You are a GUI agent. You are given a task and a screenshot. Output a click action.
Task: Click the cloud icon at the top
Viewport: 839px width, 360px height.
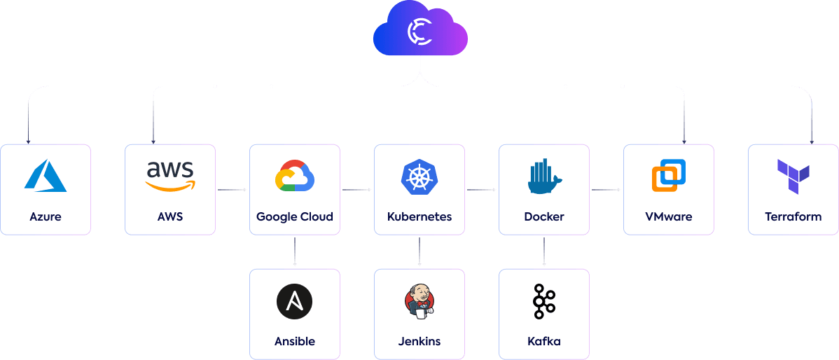tap(419, 32)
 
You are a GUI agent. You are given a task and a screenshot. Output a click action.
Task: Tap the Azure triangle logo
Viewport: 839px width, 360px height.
tap(46, 176)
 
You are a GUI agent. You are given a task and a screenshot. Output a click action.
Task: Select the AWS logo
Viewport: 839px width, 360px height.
tap(170, 176)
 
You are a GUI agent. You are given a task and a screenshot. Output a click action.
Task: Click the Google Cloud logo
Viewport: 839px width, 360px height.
tap(295, 176)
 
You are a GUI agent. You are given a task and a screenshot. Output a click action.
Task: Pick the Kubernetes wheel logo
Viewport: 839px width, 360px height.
tap(419, 176)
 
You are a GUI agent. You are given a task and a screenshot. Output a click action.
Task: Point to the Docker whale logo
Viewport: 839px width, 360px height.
tap(544, 176)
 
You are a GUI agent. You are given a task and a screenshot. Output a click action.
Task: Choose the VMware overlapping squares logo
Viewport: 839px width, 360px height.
tap(669, 176)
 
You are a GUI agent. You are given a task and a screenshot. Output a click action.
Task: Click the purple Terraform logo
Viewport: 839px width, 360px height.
tap(793, 176)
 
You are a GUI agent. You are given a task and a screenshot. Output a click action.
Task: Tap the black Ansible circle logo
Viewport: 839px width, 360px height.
tap(295, 302)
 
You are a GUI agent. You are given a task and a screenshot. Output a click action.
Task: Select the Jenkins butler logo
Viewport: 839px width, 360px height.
tap(419, 302)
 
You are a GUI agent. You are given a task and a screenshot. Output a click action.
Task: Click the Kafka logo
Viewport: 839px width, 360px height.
tap(544, 301)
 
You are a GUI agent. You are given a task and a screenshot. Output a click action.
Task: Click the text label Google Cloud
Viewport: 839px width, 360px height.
tap(295, 216)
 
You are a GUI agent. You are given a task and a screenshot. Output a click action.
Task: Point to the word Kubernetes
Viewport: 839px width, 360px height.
tap(419, 216)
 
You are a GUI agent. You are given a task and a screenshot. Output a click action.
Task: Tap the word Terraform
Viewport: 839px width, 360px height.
tap(793, 216)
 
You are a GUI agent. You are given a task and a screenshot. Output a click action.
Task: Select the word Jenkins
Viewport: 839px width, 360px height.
tap(419, 342)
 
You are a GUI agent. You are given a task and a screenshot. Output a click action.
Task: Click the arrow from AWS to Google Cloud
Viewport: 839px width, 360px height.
tap(233, 190)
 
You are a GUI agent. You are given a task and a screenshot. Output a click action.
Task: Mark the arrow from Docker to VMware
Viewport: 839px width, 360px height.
tap(606, 190)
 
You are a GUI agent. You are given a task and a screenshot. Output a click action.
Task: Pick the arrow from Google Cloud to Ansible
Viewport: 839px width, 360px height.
tap(295, 252)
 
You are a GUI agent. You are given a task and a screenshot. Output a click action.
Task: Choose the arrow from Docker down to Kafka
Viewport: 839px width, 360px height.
tap(544, 252)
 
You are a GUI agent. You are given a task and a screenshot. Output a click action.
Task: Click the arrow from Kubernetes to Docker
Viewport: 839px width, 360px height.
tap(482, 190)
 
